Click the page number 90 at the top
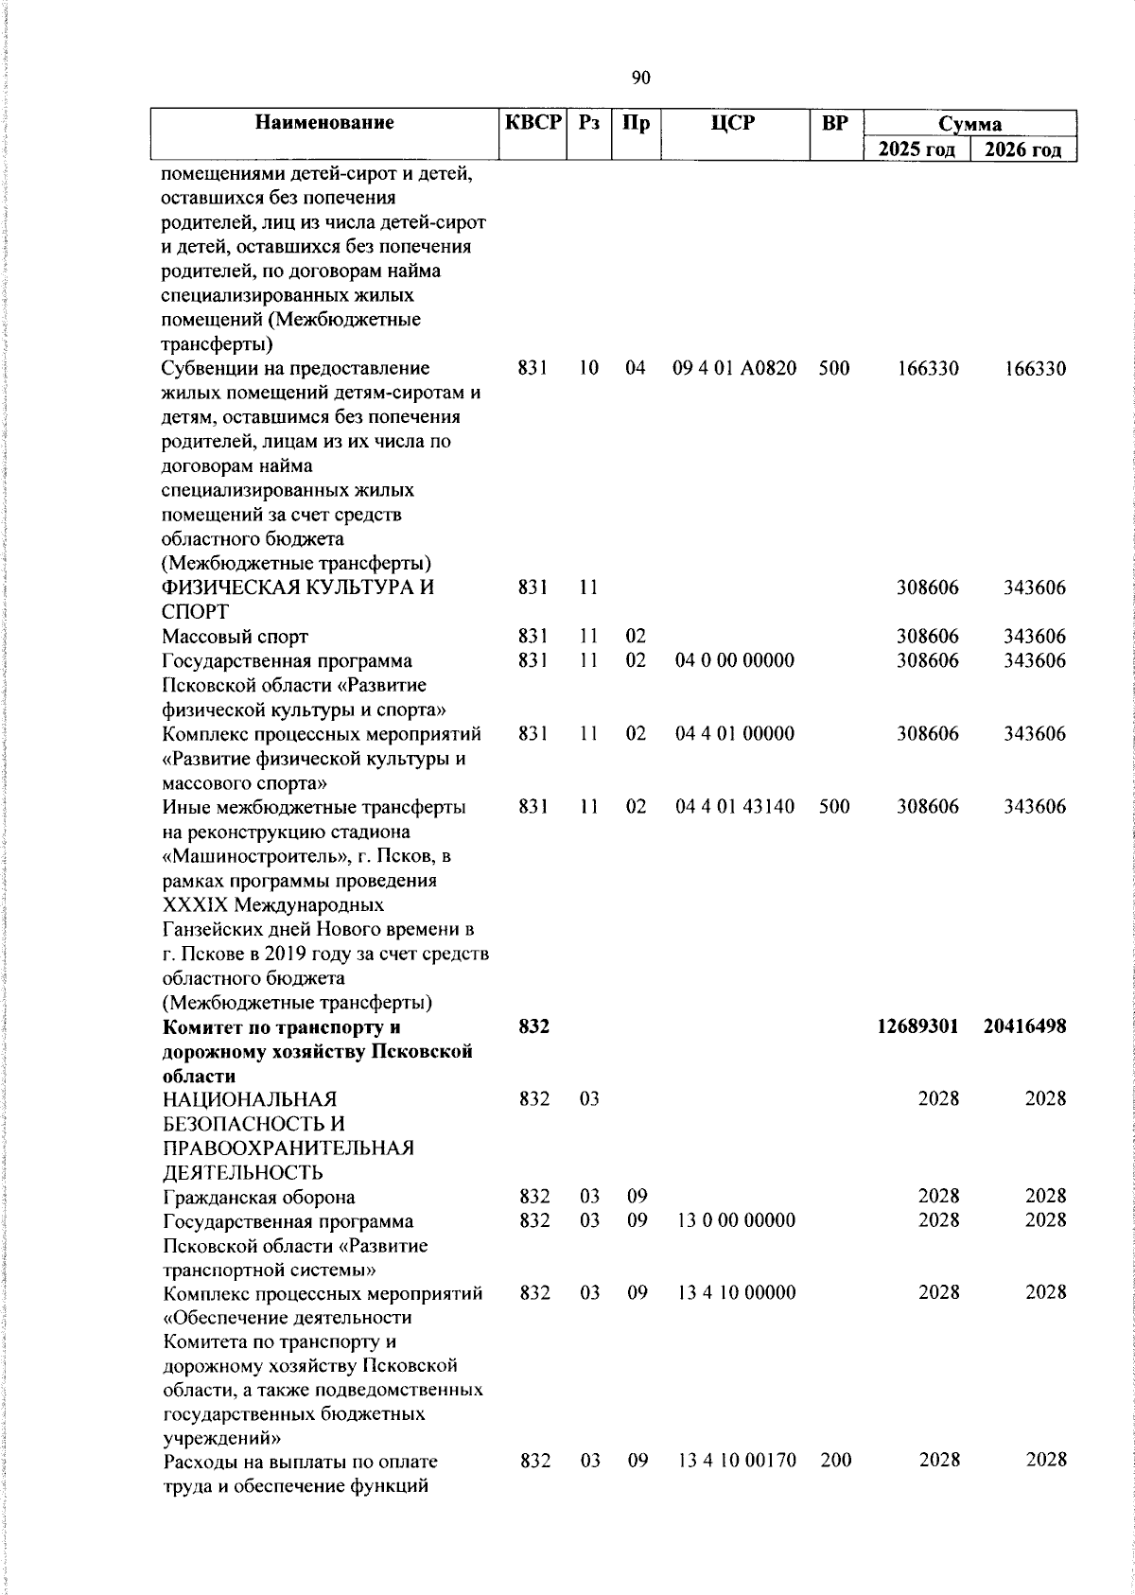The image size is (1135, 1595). pyautogui.click(x=640, y=79)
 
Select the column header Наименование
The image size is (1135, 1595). pyautogui.click(x=324, y=123)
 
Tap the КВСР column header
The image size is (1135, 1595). pyautogui.click(x=533, y=123)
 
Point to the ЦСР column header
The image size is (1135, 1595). pyautogui.click(x=735, y=123)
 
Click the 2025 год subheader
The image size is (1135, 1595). pyautogui.click(x=917, y=149)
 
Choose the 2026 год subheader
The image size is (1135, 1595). pyautogui.click(x=1023, y=149)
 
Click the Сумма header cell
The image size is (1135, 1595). pyautogui.click(x=969, y=124)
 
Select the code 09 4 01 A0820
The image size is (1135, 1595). pyautogui.click(x=734, y=368)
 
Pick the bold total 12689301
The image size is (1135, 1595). pyautogui.click(x=917, y=1026)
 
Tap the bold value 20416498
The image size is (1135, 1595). pyautogui.click(x=1024, y=1026)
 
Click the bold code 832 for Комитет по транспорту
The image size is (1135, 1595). pyautogui.click(x=534, y=1026)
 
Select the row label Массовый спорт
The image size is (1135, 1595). pyautogui.click(x=235, y=637)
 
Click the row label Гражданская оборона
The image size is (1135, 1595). pyautogui.click(x=259, y=1197)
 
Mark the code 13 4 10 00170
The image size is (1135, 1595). pyautogui.click(x=736, y=1461)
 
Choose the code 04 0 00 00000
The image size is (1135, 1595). pyautogui.click(x=734, y=660)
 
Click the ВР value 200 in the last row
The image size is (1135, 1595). pyautogui.click(x=835, y=1461)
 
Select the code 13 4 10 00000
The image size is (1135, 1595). pyautogui.click(x=736, y=1293)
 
